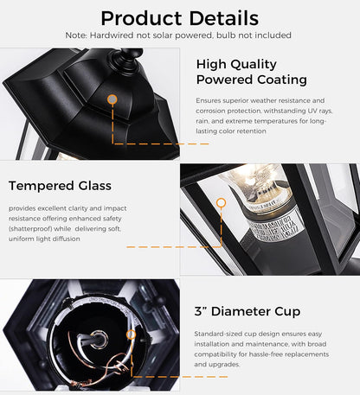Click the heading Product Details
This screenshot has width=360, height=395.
(x=179, y=17)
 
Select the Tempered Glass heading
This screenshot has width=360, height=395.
(x=60, y=186)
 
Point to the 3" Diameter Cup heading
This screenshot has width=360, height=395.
(x=247, y=311)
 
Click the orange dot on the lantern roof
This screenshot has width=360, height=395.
(x=112, y=99)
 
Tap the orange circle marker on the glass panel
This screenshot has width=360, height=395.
(x=221, y=202)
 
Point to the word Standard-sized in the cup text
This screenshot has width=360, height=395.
(x=217, y=333)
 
